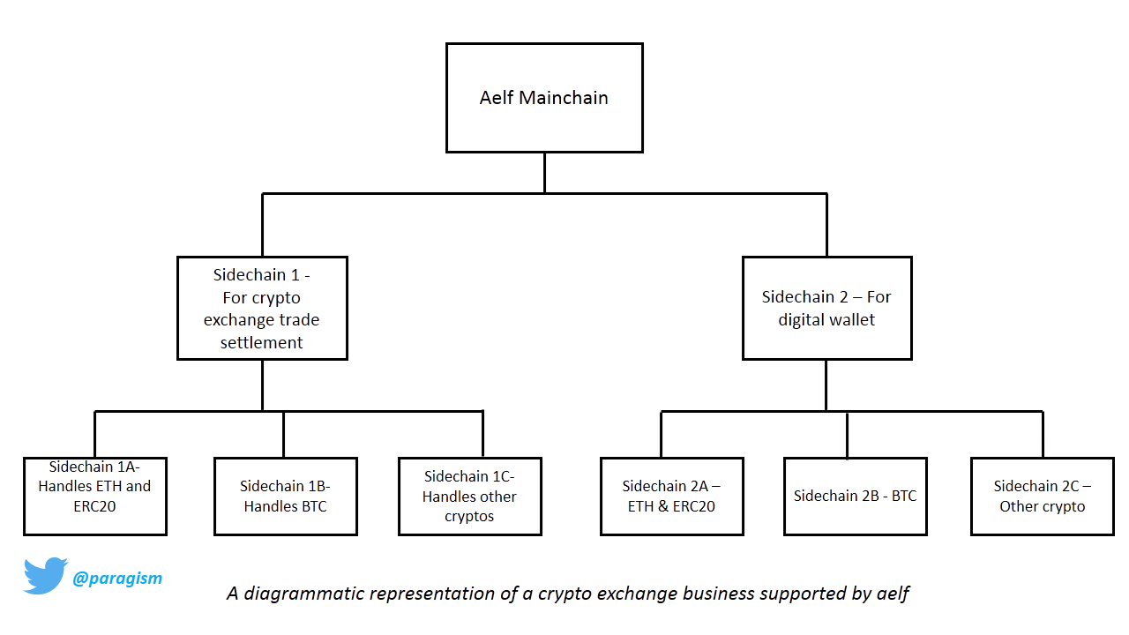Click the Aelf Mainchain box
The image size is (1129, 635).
tap(544, 98)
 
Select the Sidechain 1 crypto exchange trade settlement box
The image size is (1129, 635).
tap(262, 308)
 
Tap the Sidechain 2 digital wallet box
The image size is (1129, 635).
tap(827, 308)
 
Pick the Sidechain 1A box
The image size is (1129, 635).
tap(94, 497)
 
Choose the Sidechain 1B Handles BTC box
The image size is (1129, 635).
tap(285, 497)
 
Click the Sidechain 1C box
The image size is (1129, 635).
tap(470, 497)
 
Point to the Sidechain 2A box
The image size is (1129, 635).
tap(672, 497)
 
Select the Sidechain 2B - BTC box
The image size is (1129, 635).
tap(856, 497)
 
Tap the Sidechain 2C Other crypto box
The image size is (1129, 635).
tap(1043, 497)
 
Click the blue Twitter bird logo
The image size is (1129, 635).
tap(44, 576)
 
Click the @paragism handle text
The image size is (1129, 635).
tap(117, 578)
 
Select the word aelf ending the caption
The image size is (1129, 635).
tap(893, 594)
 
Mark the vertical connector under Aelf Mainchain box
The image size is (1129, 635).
tap(544, 173)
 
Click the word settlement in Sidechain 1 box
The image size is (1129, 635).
tap(262, 343)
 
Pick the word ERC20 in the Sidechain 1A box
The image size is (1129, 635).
tap(94, 506)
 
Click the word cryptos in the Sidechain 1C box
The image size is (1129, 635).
tap(469, 517)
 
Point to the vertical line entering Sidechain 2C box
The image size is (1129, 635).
tap(1043, 435)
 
